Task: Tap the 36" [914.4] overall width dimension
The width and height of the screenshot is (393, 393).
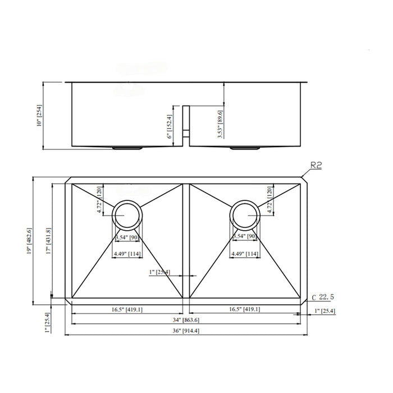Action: point(186,331)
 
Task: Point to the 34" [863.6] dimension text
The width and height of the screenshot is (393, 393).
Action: point(186,319)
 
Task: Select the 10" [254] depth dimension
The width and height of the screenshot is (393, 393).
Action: point(39,116)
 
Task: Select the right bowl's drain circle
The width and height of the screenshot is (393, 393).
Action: point(245,214)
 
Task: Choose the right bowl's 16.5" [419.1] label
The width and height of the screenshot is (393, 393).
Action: point(244,309)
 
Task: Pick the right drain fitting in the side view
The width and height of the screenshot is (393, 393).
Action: point(244,148)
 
